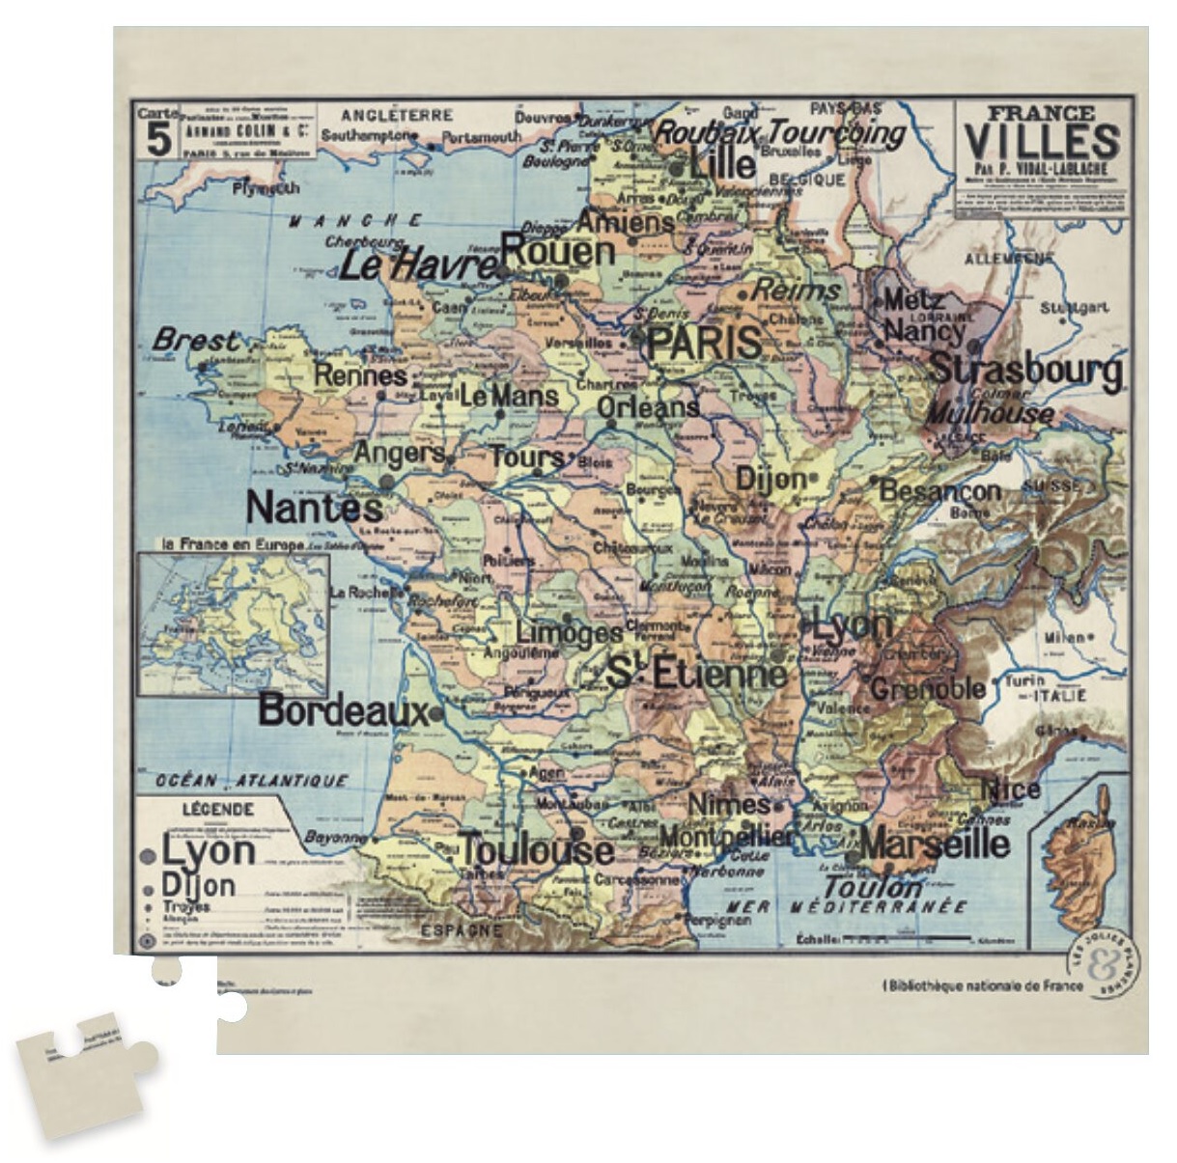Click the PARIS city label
(x=704, y=344)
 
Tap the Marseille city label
(x=934, y=845)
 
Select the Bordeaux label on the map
(x=342, y=711)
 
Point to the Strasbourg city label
(x=1025, y=370)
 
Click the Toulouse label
(x=536, y=850)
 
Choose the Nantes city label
(x=314, y=508)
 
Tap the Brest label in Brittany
(x=195, y=341)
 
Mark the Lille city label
(x=722, y=163)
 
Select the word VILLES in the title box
(x=1042, y=143)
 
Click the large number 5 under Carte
(x=158, y=141)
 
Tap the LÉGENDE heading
(x=218, y=810)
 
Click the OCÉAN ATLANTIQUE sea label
(x=251, y=780)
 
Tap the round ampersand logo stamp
(x=1104, y=965)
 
